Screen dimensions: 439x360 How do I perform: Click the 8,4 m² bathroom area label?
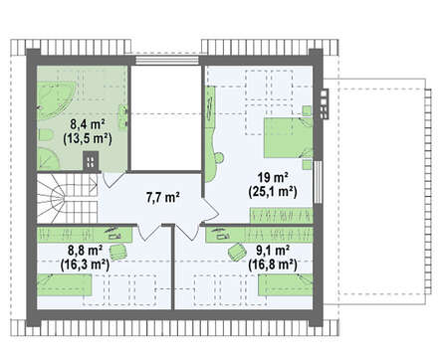88,124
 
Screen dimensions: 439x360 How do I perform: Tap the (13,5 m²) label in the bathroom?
88,138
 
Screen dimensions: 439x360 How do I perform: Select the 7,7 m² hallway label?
163,198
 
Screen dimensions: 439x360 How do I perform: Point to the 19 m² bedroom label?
273,177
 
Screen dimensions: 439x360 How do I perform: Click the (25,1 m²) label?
273,192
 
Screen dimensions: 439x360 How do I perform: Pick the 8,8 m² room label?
85,251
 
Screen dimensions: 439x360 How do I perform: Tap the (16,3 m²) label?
85,265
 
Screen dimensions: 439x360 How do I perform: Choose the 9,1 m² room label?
273,251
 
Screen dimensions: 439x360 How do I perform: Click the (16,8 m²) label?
273,265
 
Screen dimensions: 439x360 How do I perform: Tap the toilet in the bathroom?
46,135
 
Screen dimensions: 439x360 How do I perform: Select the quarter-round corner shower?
47,159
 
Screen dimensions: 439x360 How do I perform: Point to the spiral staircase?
67,198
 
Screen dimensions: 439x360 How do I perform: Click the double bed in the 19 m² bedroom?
288,137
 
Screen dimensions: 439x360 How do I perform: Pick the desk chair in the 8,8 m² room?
118,252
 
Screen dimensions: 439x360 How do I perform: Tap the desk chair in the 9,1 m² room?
237,252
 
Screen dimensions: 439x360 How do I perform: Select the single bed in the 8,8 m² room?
64,285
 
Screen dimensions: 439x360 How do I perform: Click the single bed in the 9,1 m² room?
286,284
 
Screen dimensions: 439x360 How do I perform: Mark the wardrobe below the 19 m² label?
281,216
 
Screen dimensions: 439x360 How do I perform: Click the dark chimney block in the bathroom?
91,161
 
